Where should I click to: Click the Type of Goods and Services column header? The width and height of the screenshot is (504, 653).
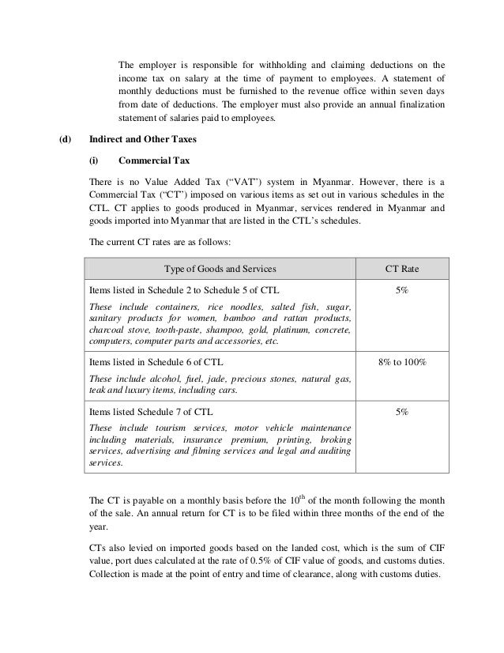(220, 269)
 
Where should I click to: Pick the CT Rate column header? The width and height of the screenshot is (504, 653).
(401, 269)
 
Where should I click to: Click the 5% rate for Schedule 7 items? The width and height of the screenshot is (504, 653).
(401, 412)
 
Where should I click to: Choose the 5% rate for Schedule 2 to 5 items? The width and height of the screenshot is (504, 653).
(401, 291)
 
